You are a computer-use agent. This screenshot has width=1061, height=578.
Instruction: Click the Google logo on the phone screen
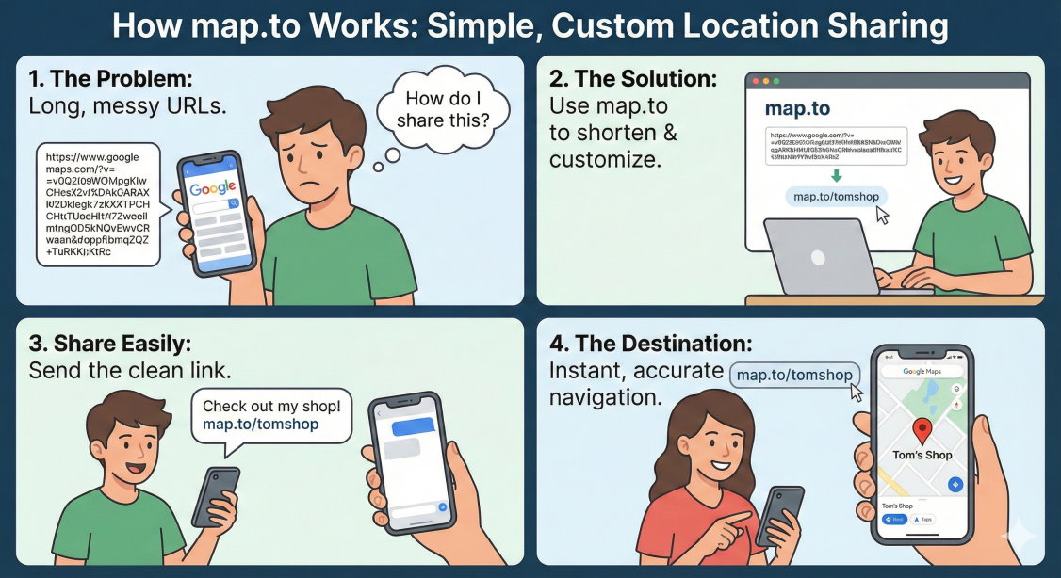(214, 188)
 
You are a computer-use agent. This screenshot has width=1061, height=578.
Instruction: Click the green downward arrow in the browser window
(835, 176)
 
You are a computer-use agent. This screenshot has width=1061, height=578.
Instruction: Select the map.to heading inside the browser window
(797, 109)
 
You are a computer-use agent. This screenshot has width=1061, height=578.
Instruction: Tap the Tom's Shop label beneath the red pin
(922, 455)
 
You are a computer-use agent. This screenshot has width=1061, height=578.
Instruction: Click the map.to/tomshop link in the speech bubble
(261, 425)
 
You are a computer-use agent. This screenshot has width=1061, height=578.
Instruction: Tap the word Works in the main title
(352, 25)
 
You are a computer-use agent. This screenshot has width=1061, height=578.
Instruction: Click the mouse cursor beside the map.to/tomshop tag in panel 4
(856, 392)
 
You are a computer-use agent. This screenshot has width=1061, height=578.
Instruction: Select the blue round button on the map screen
(955, 484)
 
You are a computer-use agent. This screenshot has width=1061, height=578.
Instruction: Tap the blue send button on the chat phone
(443, 506)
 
